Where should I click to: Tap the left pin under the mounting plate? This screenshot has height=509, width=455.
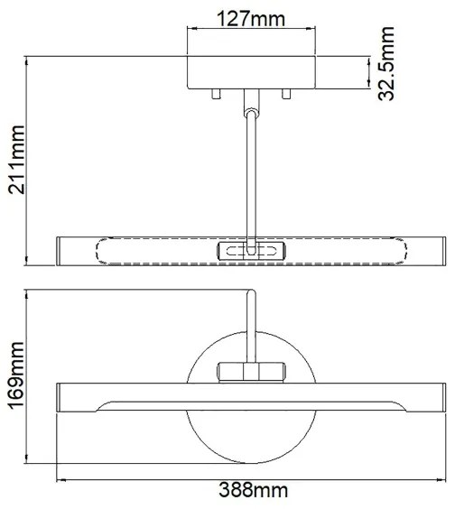tap(216, 94)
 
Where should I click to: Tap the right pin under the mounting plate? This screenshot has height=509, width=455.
tap(287, 94)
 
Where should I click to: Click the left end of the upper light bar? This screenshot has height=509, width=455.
tap(65, 251)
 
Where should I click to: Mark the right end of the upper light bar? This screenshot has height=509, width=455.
tap(435, 251)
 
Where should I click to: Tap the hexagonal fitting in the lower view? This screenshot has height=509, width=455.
tap(252, 371)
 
